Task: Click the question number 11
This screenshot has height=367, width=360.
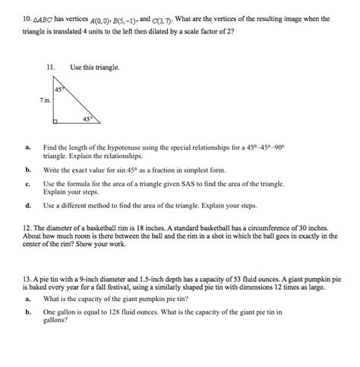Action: click(52, 68)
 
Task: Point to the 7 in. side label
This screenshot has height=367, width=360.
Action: click(46, 100)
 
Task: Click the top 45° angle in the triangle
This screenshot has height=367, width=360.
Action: click(59, 90)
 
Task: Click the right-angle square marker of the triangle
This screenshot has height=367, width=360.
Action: click(56, 120)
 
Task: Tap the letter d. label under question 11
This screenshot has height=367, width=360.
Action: click(27, 205)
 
